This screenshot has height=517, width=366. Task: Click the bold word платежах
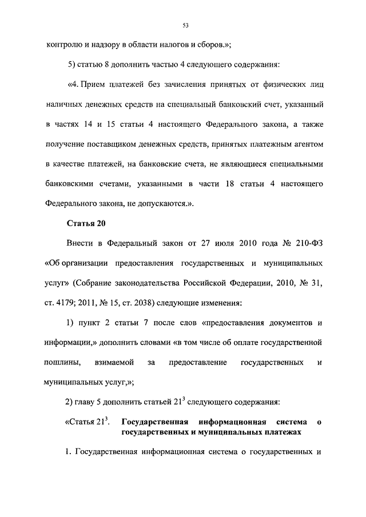point(280,432)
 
